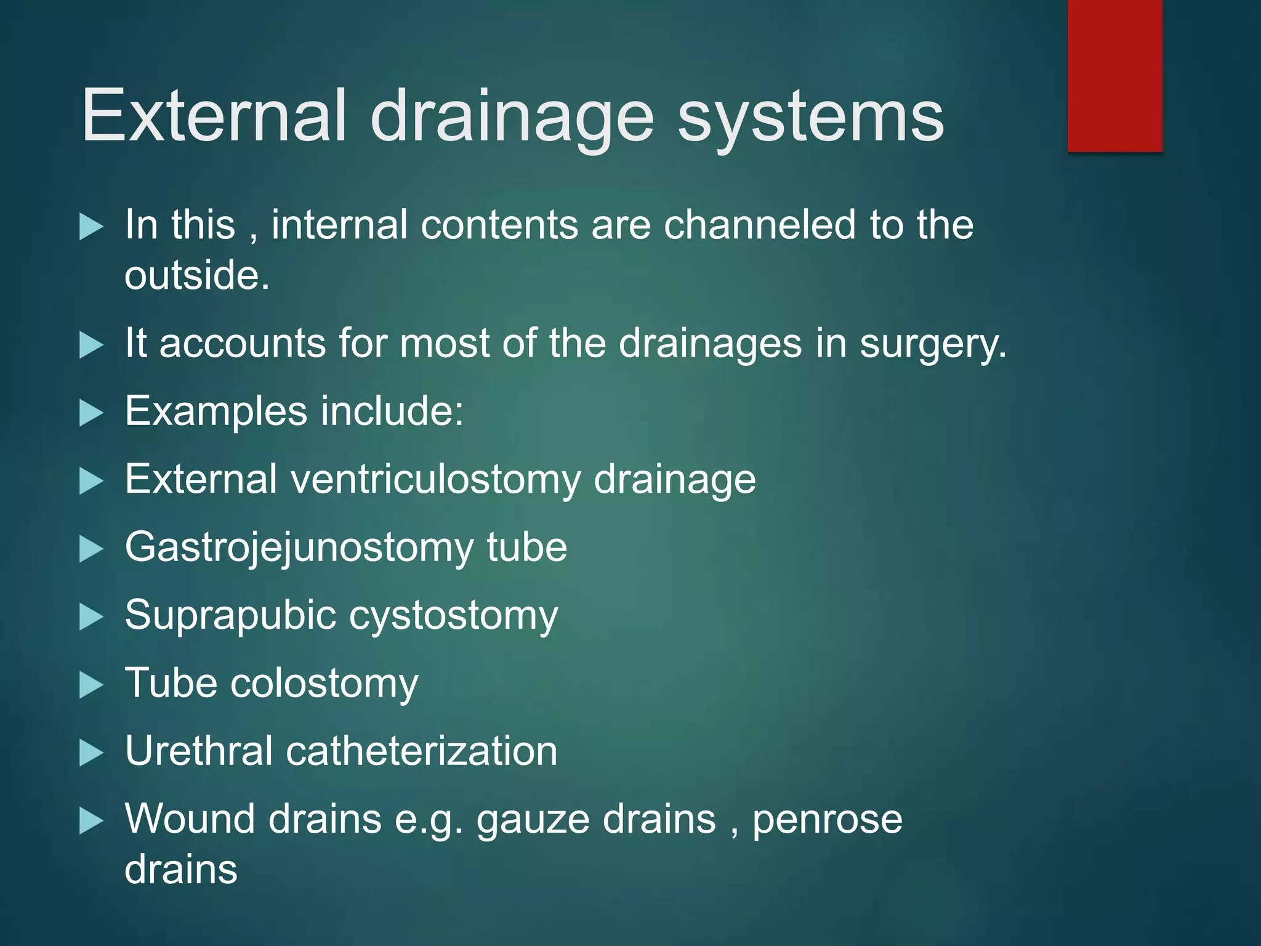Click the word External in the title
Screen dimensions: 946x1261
click(x=213, y=116)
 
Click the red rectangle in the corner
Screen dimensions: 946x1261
click(x=1114, y=75)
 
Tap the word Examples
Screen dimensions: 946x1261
click(x=216, y=411)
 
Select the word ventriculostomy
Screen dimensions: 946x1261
click(x=436, y=480)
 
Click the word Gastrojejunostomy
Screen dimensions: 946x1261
click(x=298, y=548)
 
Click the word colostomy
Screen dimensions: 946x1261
click(x=324, y=683)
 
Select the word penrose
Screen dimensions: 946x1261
click(x=827, y=820)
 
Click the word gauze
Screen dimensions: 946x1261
click(x=532, y=820)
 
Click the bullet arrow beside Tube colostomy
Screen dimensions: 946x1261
click(x=91, y=685)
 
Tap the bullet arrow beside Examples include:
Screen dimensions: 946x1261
click(x=91, y=413)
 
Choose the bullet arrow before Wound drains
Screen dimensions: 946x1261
click(x=91, y=821)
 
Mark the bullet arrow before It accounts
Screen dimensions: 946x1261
click(x=91, y=345)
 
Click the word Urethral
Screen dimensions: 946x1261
click(x=198, y=751)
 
